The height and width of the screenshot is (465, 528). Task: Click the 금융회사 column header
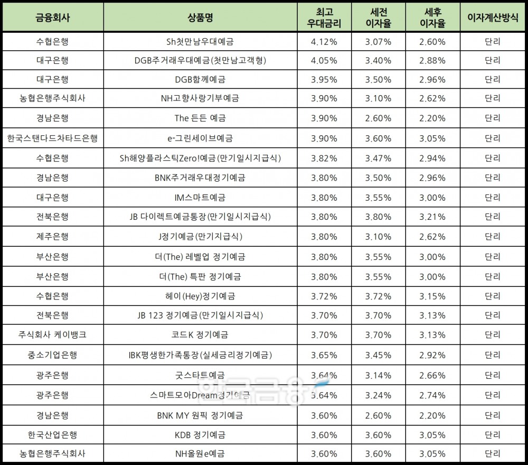click(52, 17)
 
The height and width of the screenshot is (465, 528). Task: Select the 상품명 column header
click(200, 17)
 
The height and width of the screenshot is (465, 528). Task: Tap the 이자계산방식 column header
click(492, 17)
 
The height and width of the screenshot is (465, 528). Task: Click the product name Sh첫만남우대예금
click(200, 41)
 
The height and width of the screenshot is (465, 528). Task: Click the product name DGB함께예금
click(200, 80)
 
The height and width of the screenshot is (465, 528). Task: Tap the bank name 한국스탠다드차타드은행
click(52, 139)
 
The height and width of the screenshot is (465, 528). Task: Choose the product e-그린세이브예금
click(200, 139)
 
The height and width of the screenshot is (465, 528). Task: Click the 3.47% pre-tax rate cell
click(379, 159)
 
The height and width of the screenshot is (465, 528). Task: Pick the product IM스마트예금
click(200, 198)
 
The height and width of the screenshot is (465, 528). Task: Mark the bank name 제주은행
click(52, 237)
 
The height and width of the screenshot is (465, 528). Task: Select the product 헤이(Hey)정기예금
click(200, 296)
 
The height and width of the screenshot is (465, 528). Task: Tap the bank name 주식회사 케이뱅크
click(52, 336)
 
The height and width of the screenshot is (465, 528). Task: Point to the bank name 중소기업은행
click(52, 355)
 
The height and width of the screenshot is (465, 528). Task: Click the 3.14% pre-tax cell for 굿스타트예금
click(379, 375)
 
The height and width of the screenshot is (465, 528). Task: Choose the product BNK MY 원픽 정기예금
click(200, 415)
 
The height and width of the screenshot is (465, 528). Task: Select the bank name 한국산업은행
click(52, 434)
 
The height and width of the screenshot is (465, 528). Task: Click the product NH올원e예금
click(200, 454)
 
